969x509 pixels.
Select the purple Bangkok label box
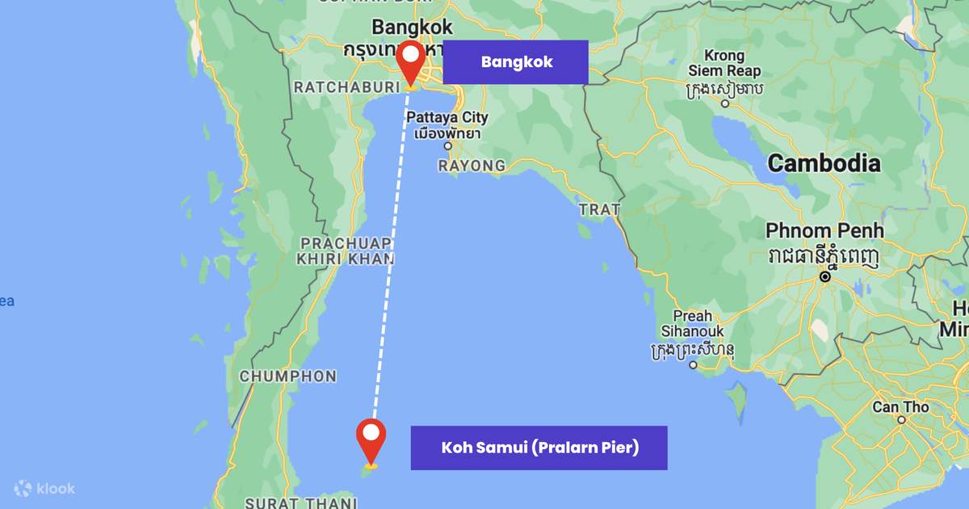[x=516, y=62]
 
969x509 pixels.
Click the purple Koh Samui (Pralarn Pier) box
[x=539, y=448]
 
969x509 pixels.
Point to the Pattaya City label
[x=447, y=118]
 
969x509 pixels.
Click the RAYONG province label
[x=472, y=166]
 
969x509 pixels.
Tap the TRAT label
[x=599, y=210]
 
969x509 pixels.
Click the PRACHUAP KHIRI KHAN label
[x=346, y=251]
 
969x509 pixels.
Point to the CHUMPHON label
[x=288, y=376]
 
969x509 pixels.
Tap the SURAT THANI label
[x=300, y=503]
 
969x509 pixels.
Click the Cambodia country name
[x=824, y=164]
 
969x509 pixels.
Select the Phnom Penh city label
[x=824, y=231]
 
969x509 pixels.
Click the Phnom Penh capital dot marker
[x=825, y=276]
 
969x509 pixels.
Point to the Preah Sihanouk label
[x=693, y=324]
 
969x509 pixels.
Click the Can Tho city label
[x=900, y=407]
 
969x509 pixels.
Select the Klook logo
[x=45, y=488]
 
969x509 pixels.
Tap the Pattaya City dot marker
[x=447, y=146]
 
